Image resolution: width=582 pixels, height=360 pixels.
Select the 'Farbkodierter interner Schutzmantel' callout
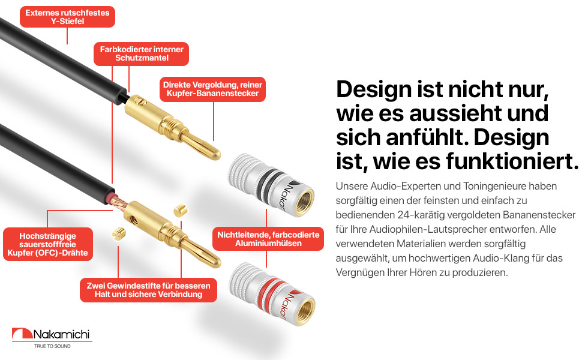[141, 53]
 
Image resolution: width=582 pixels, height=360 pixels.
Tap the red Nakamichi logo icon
[22, 335]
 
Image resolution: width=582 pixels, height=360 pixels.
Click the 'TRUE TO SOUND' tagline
[52, 347]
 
